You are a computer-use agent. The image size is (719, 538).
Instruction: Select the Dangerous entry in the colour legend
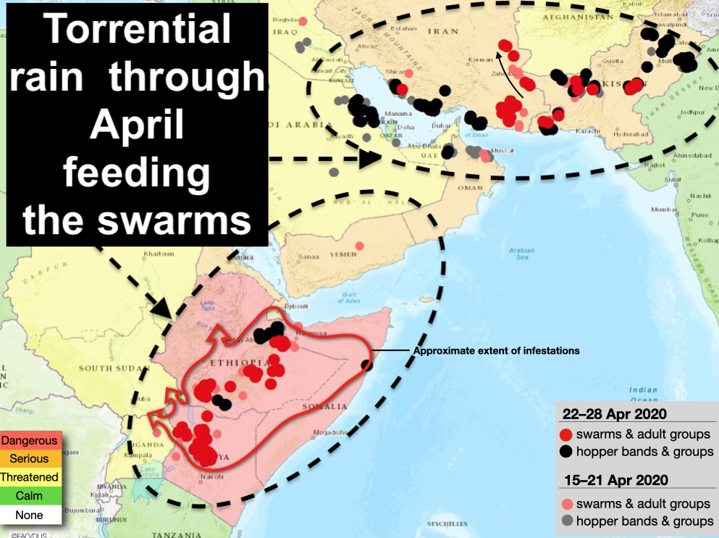[x=29, y=440]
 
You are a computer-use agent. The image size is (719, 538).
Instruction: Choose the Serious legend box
[x=29, y=459]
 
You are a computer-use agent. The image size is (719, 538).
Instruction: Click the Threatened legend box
[x=29, y=478]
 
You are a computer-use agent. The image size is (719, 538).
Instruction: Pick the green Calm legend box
[x=29, y=497]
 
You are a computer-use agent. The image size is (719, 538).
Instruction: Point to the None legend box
[x=29, y=516]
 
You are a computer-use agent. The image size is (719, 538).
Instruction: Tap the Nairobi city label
[x=213, y=476]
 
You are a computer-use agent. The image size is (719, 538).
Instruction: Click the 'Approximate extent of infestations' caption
[x=496, y=351]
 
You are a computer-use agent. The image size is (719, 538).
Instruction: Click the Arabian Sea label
[x=521, y=254]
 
